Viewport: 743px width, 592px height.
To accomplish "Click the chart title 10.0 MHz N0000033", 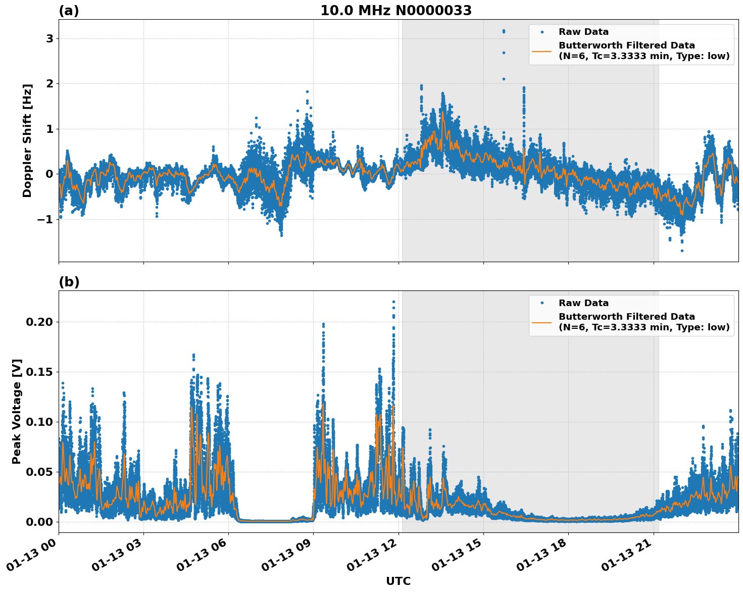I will click(396, 11).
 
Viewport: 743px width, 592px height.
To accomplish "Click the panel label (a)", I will click(69, 11).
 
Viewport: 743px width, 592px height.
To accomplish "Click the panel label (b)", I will click(69, 282).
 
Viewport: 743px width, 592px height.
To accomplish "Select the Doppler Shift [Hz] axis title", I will click(27, 140).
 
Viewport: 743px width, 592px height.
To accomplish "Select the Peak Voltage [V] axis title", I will click(17, 411).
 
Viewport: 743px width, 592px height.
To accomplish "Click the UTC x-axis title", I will click(398, 581).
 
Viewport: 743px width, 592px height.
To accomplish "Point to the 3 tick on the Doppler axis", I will click(49, 38).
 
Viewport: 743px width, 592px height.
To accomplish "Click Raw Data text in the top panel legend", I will click(583, 32).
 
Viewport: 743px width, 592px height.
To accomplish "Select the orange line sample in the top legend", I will click(542, 51).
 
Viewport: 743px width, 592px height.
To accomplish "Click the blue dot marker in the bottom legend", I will click(542, 303).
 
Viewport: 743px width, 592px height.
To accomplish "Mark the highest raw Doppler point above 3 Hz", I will click(504, 31).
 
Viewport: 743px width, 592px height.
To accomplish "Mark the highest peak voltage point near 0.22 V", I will click(393, 302).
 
